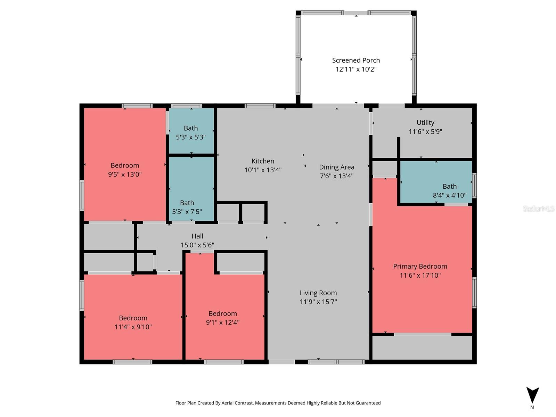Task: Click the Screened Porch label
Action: pyautogui.click(x=356, y=60)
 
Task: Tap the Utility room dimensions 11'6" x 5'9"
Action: pyautogui.click(x=425, y=132)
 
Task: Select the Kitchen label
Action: pyautogui.click(x=263, y=161)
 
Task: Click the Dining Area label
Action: pyautogui.click(x=336, y=167)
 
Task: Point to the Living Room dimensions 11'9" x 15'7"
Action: pyautogui.click(x=318, y=302)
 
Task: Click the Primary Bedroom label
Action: pyautogui.click(x=420, y=267)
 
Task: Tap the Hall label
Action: pyautogui.click(x=197, y=236)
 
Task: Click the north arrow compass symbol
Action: pyautogui.click(x=532, y=395)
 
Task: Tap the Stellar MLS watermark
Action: pyautogui.click(x=538, y=208)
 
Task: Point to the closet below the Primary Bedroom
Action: pyautogui.click(x=422, y=347)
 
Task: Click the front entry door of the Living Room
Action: pyautogui.click(x=281, y=362)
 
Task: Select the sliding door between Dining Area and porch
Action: pyautogui.click(x=338, y=106)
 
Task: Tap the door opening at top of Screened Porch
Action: pyautogui.click(x=356, y=13)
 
